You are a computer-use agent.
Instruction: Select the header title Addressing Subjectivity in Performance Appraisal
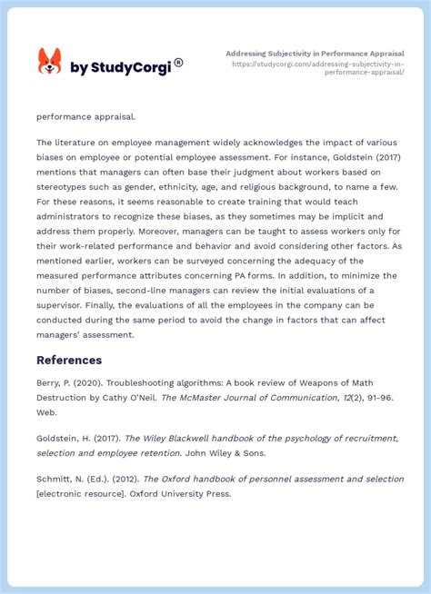(315, 54)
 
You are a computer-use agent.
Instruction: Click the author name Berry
(51, 382)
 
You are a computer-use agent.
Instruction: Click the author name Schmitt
(55, 479)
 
